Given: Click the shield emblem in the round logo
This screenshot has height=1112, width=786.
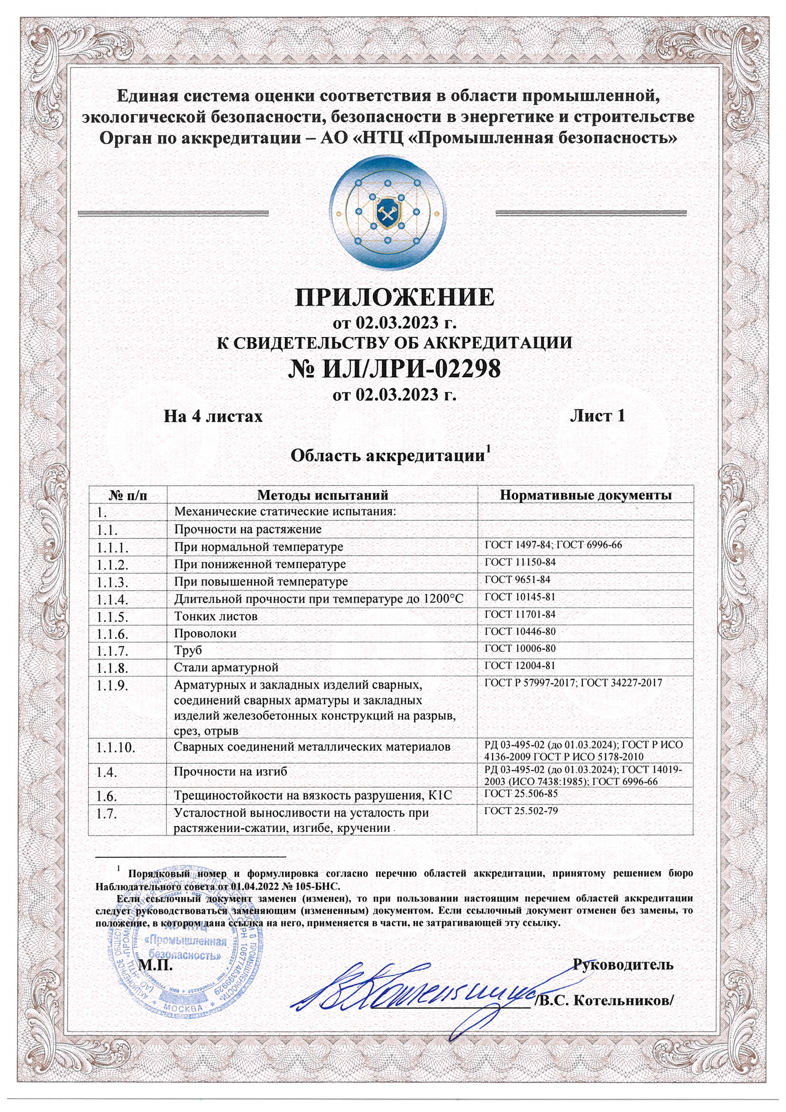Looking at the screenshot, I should coord(387,214).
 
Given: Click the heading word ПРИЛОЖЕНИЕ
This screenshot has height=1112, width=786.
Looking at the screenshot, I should coord(395,297).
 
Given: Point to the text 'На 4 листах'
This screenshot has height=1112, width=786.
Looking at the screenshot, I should coord(213,417).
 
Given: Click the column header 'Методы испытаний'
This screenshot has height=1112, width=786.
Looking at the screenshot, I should coord(322,495).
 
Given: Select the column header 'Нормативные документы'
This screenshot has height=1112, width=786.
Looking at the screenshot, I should coord(585,495).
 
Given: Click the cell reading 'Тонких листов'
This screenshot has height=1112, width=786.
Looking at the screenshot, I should coord(216,616).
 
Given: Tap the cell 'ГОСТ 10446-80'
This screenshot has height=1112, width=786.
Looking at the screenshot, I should coord(520,632).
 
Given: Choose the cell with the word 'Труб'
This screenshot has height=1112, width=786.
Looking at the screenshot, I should coord(188,651).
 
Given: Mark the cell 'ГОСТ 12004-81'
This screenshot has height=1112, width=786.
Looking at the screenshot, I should coord(520,666).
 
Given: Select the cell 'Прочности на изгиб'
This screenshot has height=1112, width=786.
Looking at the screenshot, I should coord(231,771).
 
